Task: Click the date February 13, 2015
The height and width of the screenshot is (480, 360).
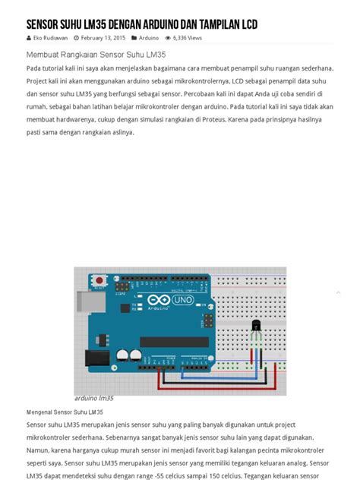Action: pos(103,37)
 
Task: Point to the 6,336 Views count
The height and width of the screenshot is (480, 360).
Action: pos(187,37)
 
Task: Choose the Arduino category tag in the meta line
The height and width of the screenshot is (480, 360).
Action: pos(149,37)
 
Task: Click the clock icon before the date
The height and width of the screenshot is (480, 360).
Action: pos(77,37)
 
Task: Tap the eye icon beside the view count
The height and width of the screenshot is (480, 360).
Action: pos(168,37)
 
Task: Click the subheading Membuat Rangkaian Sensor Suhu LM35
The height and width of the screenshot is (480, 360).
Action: pos(96,55)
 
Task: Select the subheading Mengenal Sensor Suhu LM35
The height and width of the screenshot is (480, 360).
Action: pos(65,412)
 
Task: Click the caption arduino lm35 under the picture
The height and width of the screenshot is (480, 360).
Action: pos(94,398)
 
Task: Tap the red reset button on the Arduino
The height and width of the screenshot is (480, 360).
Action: pos(99,280)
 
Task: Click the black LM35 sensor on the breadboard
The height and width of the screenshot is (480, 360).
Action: pos(256,327)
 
